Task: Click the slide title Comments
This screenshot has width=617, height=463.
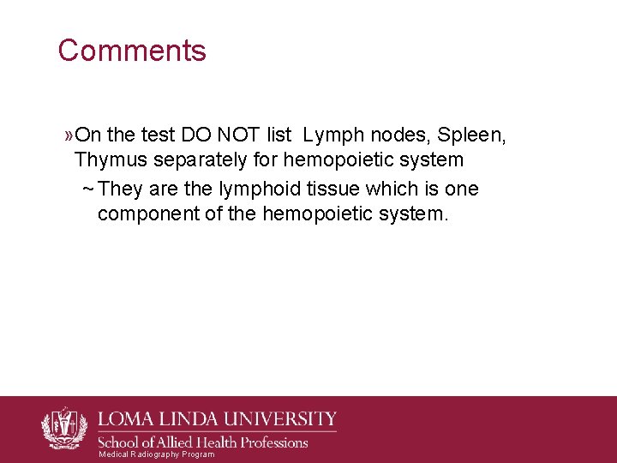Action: point(132,51)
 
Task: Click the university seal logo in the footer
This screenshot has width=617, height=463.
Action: point(64,427)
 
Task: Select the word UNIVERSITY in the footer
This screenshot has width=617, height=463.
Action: point(279,419)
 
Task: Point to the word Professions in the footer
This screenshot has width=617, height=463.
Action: point(268,442)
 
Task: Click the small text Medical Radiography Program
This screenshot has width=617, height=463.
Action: point(157,454)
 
